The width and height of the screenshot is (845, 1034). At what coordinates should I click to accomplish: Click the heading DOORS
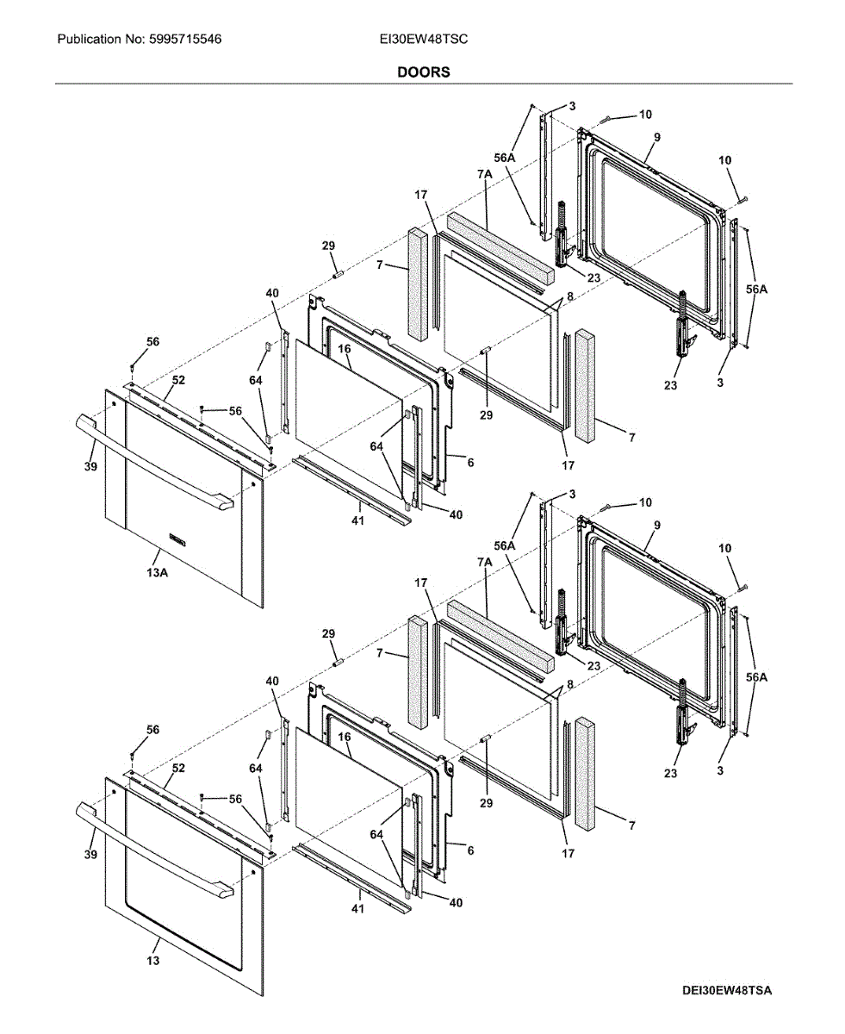[x=423, y=72]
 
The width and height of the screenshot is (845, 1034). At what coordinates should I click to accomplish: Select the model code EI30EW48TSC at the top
[x=423, y=40]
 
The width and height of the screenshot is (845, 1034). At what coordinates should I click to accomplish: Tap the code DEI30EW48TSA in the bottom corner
[x=727, y=991]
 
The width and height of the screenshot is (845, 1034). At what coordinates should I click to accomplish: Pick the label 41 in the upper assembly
[x=357, y=520]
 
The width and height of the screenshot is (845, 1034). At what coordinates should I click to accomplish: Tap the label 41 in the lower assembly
[x=357, y=909]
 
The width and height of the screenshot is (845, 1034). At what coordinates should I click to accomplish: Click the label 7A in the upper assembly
[x=484, y=174]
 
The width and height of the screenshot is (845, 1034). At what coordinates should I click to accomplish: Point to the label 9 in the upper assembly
[x=656, y=138]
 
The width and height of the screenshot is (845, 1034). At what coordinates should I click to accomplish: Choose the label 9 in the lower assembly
[x=656, y=525]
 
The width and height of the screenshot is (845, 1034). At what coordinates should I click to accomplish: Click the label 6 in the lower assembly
[x=470, y=850]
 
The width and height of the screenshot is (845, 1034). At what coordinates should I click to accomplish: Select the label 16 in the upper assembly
[x=344, y=350]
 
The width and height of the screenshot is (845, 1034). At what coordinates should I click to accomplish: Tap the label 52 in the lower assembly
[x=178, y=768]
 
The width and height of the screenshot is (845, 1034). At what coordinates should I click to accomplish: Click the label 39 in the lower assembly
[x=90, y=854]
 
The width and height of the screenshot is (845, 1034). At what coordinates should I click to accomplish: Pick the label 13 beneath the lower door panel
[x=153, y=960]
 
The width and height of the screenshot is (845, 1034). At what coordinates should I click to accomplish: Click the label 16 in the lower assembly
[x=344, y=738]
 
